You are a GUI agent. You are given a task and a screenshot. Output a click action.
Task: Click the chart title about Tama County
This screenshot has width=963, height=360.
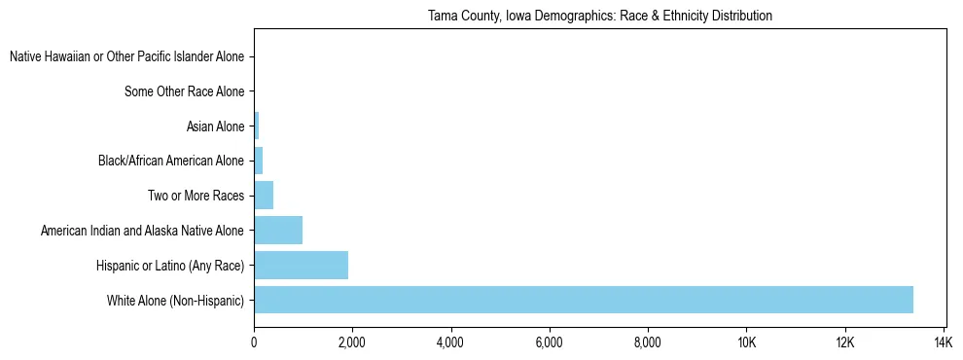(x=599, y=16)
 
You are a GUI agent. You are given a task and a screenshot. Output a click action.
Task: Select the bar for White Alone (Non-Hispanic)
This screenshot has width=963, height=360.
(x=584, y=300)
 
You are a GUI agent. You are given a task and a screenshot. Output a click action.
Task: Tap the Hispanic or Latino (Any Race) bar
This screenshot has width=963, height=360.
(x=301, y=265)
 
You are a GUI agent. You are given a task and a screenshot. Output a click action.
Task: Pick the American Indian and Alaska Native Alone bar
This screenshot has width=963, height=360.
(x=278, y=231)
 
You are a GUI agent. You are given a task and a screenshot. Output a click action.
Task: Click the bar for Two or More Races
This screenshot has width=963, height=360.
(x=264, y=196)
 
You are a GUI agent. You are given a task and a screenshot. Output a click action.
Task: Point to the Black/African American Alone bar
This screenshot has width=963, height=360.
(x=259, y=161)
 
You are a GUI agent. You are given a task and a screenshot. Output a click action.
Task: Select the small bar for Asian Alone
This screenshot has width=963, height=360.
(x=257, y=126)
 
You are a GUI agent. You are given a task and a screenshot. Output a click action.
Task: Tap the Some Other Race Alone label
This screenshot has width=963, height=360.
(x=185, y=92)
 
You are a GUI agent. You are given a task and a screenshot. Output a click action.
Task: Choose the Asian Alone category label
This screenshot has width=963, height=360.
(x=215, y=126)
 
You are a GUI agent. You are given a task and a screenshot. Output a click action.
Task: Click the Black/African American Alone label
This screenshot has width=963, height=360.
(x=171, y=162)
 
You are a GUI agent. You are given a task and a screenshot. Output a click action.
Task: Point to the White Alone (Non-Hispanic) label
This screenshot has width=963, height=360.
(x=175, y=301)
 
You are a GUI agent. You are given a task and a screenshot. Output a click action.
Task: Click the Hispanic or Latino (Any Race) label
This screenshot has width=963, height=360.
(x=170, y=266)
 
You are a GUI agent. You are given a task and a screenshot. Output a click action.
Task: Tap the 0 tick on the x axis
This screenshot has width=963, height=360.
(x=254, y=342)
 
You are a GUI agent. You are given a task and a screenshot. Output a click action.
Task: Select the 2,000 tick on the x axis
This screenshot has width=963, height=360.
(x=352, y=342)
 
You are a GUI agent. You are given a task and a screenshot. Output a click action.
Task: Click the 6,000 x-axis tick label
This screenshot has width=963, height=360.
(x=550, y=342)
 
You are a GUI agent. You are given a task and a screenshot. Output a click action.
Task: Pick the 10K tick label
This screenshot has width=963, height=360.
(x=746, y=342)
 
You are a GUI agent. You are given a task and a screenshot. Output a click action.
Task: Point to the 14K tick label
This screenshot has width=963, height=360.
(x=943, y=342)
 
